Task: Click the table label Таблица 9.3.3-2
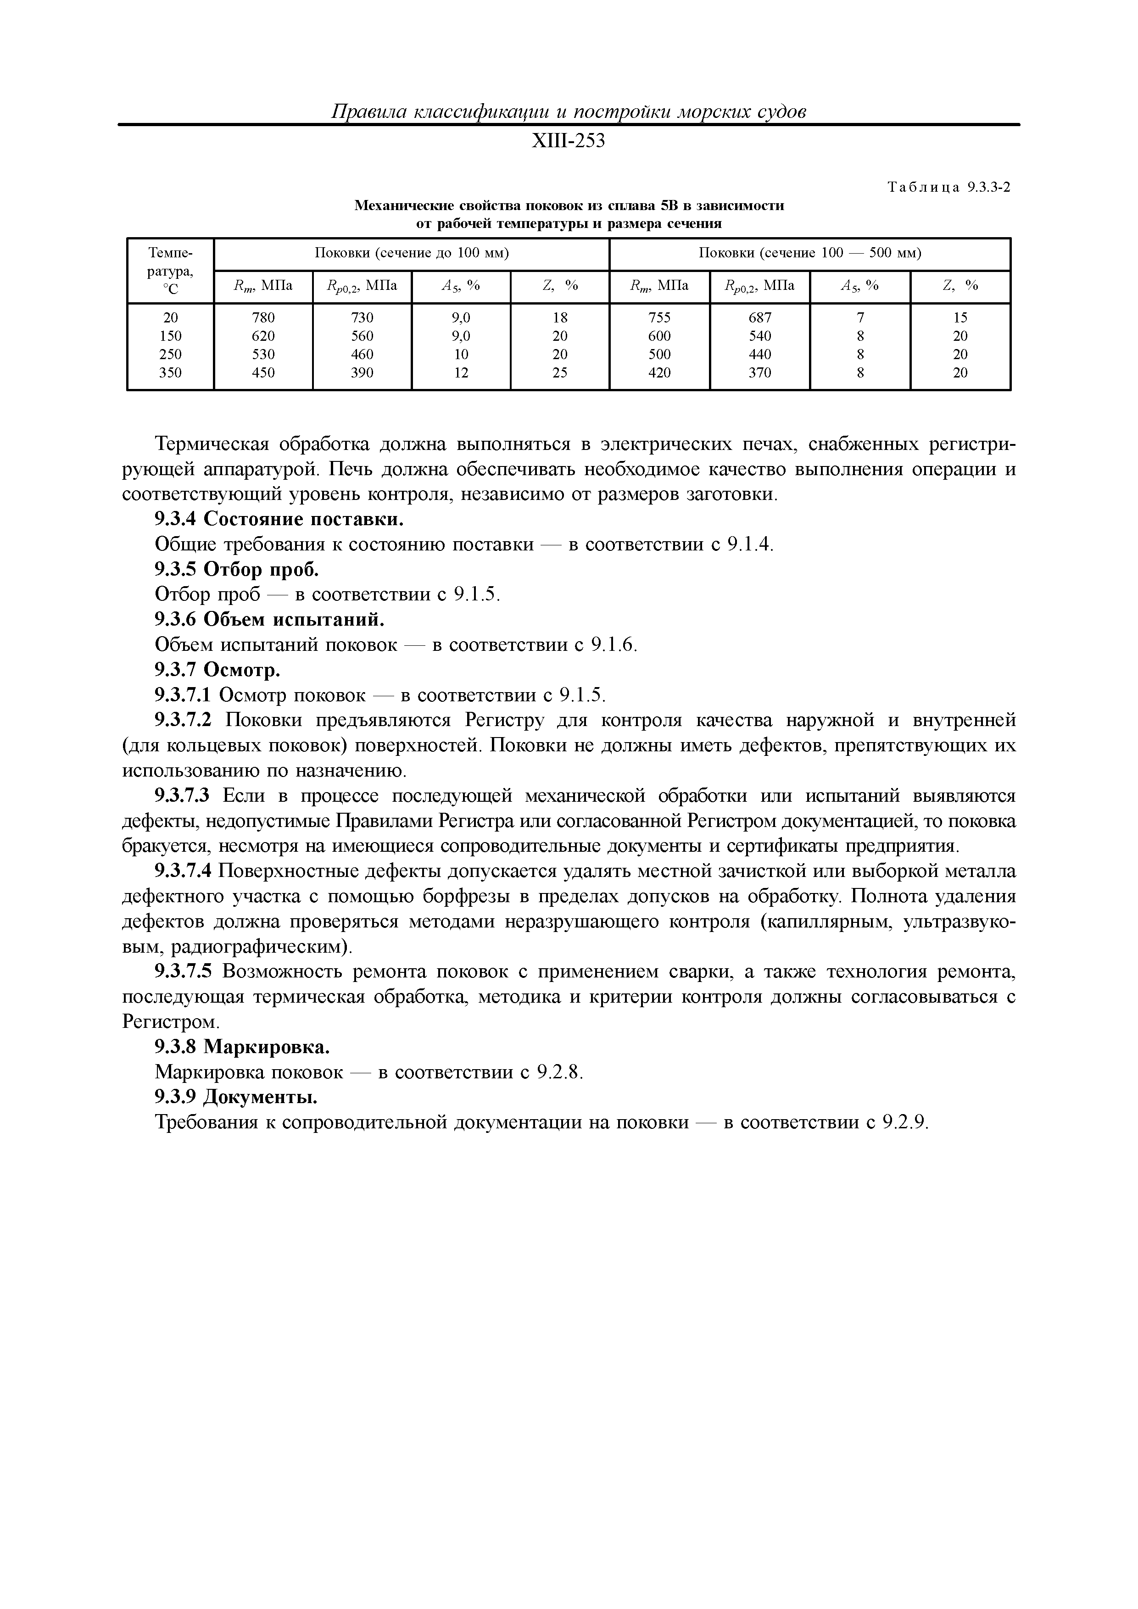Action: point(949,187)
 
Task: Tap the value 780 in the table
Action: point(263,317)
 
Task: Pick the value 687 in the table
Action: point(759,317)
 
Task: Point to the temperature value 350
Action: point(170,373)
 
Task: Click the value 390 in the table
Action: point(362,373)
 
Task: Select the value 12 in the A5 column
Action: point(461,373)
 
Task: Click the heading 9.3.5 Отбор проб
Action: point(237,570)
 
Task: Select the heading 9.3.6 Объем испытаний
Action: point(270,620)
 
